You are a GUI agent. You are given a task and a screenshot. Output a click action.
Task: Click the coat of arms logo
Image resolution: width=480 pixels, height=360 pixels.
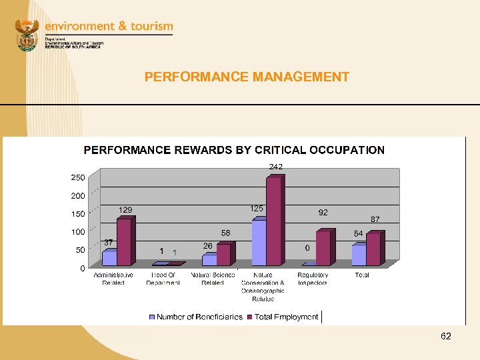(27, 34)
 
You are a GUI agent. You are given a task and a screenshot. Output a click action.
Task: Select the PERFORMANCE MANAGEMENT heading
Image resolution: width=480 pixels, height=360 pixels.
(247, 77)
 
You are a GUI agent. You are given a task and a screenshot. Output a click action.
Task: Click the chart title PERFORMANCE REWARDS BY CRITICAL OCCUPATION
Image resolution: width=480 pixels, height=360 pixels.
(234, 150)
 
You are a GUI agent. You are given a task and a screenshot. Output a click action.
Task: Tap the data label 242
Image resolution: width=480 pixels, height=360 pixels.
(275, 165)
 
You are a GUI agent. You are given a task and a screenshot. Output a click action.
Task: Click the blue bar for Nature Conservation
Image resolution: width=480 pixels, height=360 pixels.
(259, 243)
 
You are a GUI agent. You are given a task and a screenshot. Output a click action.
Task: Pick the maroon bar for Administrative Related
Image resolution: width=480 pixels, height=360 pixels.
(124, 243)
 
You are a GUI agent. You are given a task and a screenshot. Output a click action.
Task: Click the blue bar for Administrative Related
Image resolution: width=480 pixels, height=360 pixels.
(109, 259)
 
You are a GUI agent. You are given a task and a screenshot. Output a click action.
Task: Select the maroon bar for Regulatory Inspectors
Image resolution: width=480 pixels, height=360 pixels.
(323, 249)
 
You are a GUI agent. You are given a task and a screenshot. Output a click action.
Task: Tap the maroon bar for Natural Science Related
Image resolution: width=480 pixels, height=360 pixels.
(223, 255)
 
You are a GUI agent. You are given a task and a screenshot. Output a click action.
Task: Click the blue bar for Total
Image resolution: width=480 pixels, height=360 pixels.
(359, 255)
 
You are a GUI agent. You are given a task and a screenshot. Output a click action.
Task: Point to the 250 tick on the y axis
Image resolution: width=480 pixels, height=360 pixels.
(78, 178)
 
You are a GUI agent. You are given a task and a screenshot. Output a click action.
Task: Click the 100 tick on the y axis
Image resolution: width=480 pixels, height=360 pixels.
(78, 232)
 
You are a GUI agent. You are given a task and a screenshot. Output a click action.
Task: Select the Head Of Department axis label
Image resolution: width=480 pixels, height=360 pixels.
(163, 279)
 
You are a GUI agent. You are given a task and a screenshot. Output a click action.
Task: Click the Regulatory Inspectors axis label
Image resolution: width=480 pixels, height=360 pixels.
(313, 279)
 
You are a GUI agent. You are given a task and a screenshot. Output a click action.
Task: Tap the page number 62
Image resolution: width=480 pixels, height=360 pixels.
(446, 336)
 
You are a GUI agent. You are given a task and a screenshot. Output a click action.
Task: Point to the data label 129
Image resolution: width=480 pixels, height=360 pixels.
(125, 210)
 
